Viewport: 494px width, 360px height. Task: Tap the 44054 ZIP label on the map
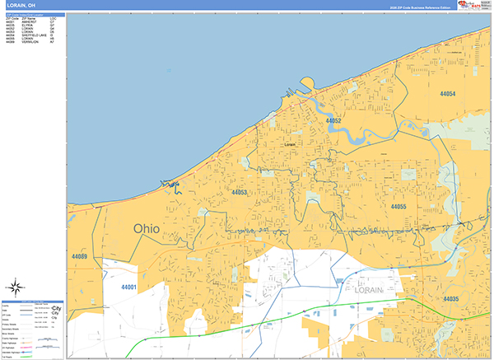(x=448, y=94)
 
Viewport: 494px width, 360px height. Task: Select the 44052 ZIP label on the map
(x=333, y=121)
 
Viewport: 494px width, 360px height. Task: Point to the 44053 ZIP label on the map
(x=240, y=193)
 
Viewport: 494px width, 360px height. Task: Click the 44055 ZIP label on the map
(x=398, y=206)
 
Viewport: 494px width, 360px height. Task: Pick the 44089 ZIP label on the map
(x=79, y=257)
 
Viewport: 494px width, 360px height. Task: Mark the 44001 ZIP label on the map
(x=128, y=288)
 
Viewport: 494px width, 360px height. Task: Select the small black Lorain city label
(x=289, y=144)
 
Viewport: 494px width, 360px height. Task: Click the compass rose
(x=16, y=288)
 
